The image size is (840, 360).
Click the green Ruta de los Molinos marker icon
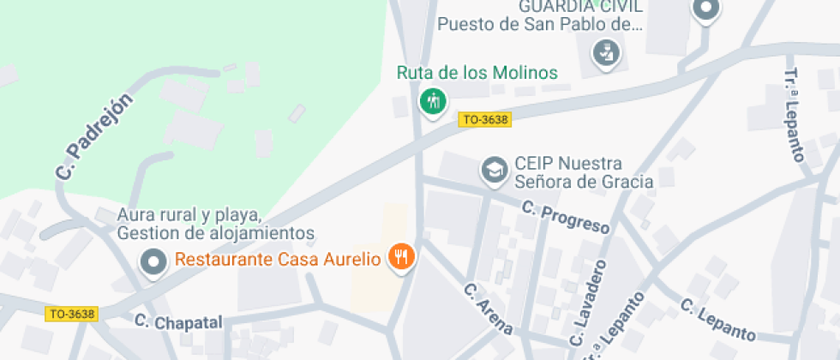pyautogui.click(x=433, y=101)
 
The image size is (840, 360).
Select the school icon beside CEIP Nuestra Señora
pyautogui.click(x=494, y=170)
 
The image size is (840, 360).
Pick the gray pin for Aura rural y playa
pyautogui.click(x=154, y=261)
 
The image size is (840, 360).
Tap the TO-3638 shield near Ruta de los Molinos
pyautogui.click(x=485, y=120)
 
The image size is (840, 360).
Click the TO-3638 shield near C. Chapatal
pyautogui.click(x=72, y=314)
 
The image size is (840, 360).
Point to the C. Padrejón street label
pyautogui.click(x=95, y=137)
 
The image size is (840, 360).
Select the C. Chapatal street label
pyautogui.click(x=178, y=321)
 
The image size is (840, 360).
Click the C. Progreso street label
pyautogui.click(x=565, y=217)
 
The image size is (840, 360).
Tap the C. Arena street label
pyautogui.click(x=489, y=309)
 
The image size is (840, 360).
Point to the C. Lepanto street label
pyautogui.click(x=718, y=320)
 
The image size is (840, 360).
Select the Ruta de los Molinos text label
pyautogui.click(x=477, y=72)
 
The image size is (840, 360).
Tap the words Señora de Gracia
pyautogui.click(x=583, y=181)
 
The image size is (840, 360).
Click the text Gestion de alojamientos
pyautogui.click(x=216, y=232)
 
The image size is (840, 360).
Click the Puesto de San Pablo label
pyautogui.click(x=539, y=24)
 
